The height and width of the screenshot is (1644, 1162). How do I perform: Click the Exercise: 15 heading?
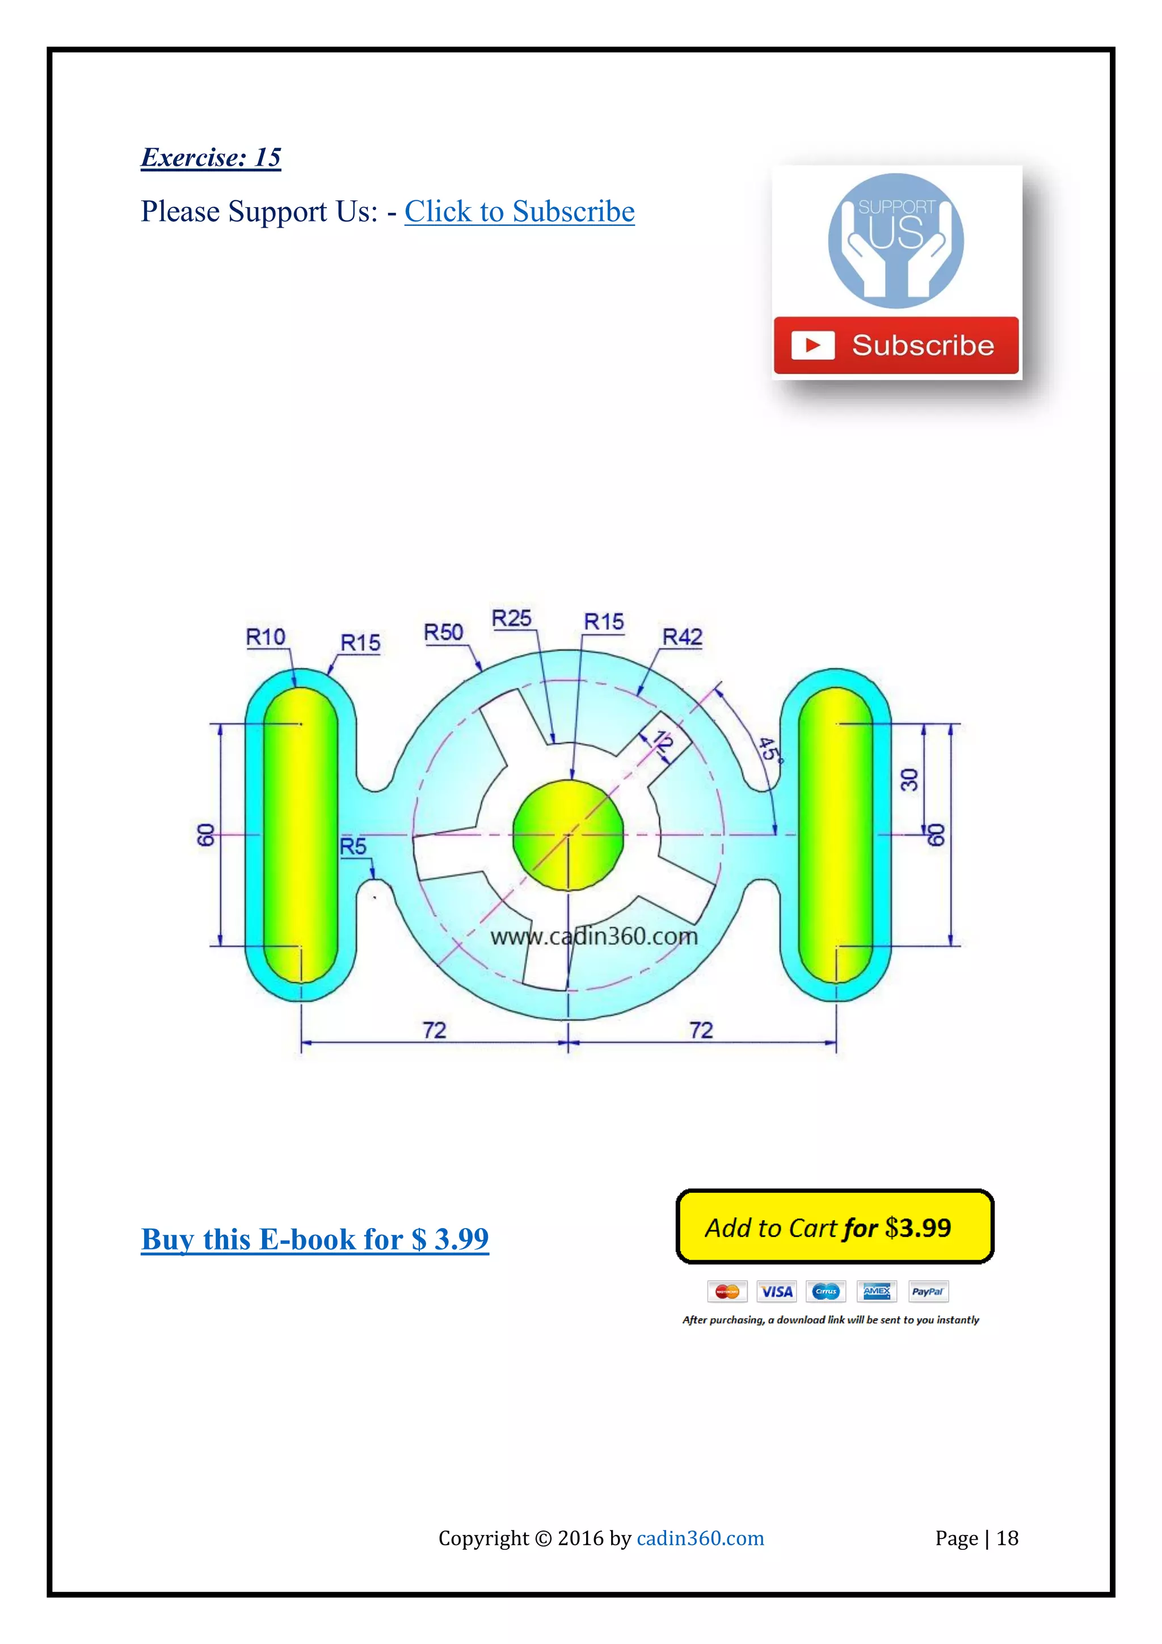pyautogui.click(x=210, y=158)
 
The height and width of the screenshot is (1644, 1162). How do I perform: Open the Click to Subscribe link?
pyautogui.click(x=519, y=212)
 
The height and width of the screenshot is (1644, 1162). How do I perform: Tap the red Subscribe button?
pyautogui.click(x=896, y=345)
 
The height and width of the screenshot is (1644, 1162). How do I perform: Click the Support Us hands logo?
pyautogui.click(x=896, y=241)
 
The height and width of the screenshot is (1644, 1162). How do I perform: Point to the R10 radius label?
pyautogui.click(x=266, y=637)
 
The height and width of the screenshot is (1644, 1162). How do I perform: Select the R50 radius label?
pyautogui.click(x=443, y=632)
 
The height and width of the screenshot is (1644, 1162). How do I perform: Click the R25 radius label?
pyautogui.click(x=511, y=618)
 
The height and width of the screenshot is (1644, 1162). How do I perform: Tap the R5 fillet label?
pyautogui.click(x=353, y=846)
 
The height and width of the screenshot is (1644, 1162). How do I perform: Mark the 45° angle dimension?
pyautogui.click(x=768, y=749)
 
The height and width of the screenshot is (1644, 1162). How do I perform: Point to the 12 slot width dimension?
pyautogui.click(x=662, y=742)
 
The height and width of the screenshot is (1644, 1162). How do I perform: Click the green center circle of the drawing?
pyautogui.click(x=568, y=835)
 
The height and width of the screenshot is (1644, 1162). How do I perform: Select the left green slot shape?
pyautogui.click(x=301, y=835)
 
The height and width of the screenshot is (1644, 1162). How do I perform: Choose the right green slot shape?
pyautogui.click(x=836, y=835)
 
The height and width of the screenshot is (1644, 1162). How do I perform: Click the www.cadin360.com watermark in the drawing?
pyautogui.click(x=593, y=936)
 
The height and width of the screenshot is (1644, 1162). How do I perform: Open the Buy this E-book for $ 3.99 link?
pyautogui.click(x=314, y=1239)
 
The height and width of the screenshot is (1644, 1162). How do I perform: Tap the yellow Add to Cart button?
pyautogui.click(x=835, y=1227)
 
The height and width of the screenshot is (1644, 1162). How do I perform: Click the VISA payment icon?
pyautogui.click(x=776, y=1291)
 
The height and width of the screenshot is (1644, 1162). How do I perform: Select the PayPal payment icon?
pyautogui.click(x=928, y=1291)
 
